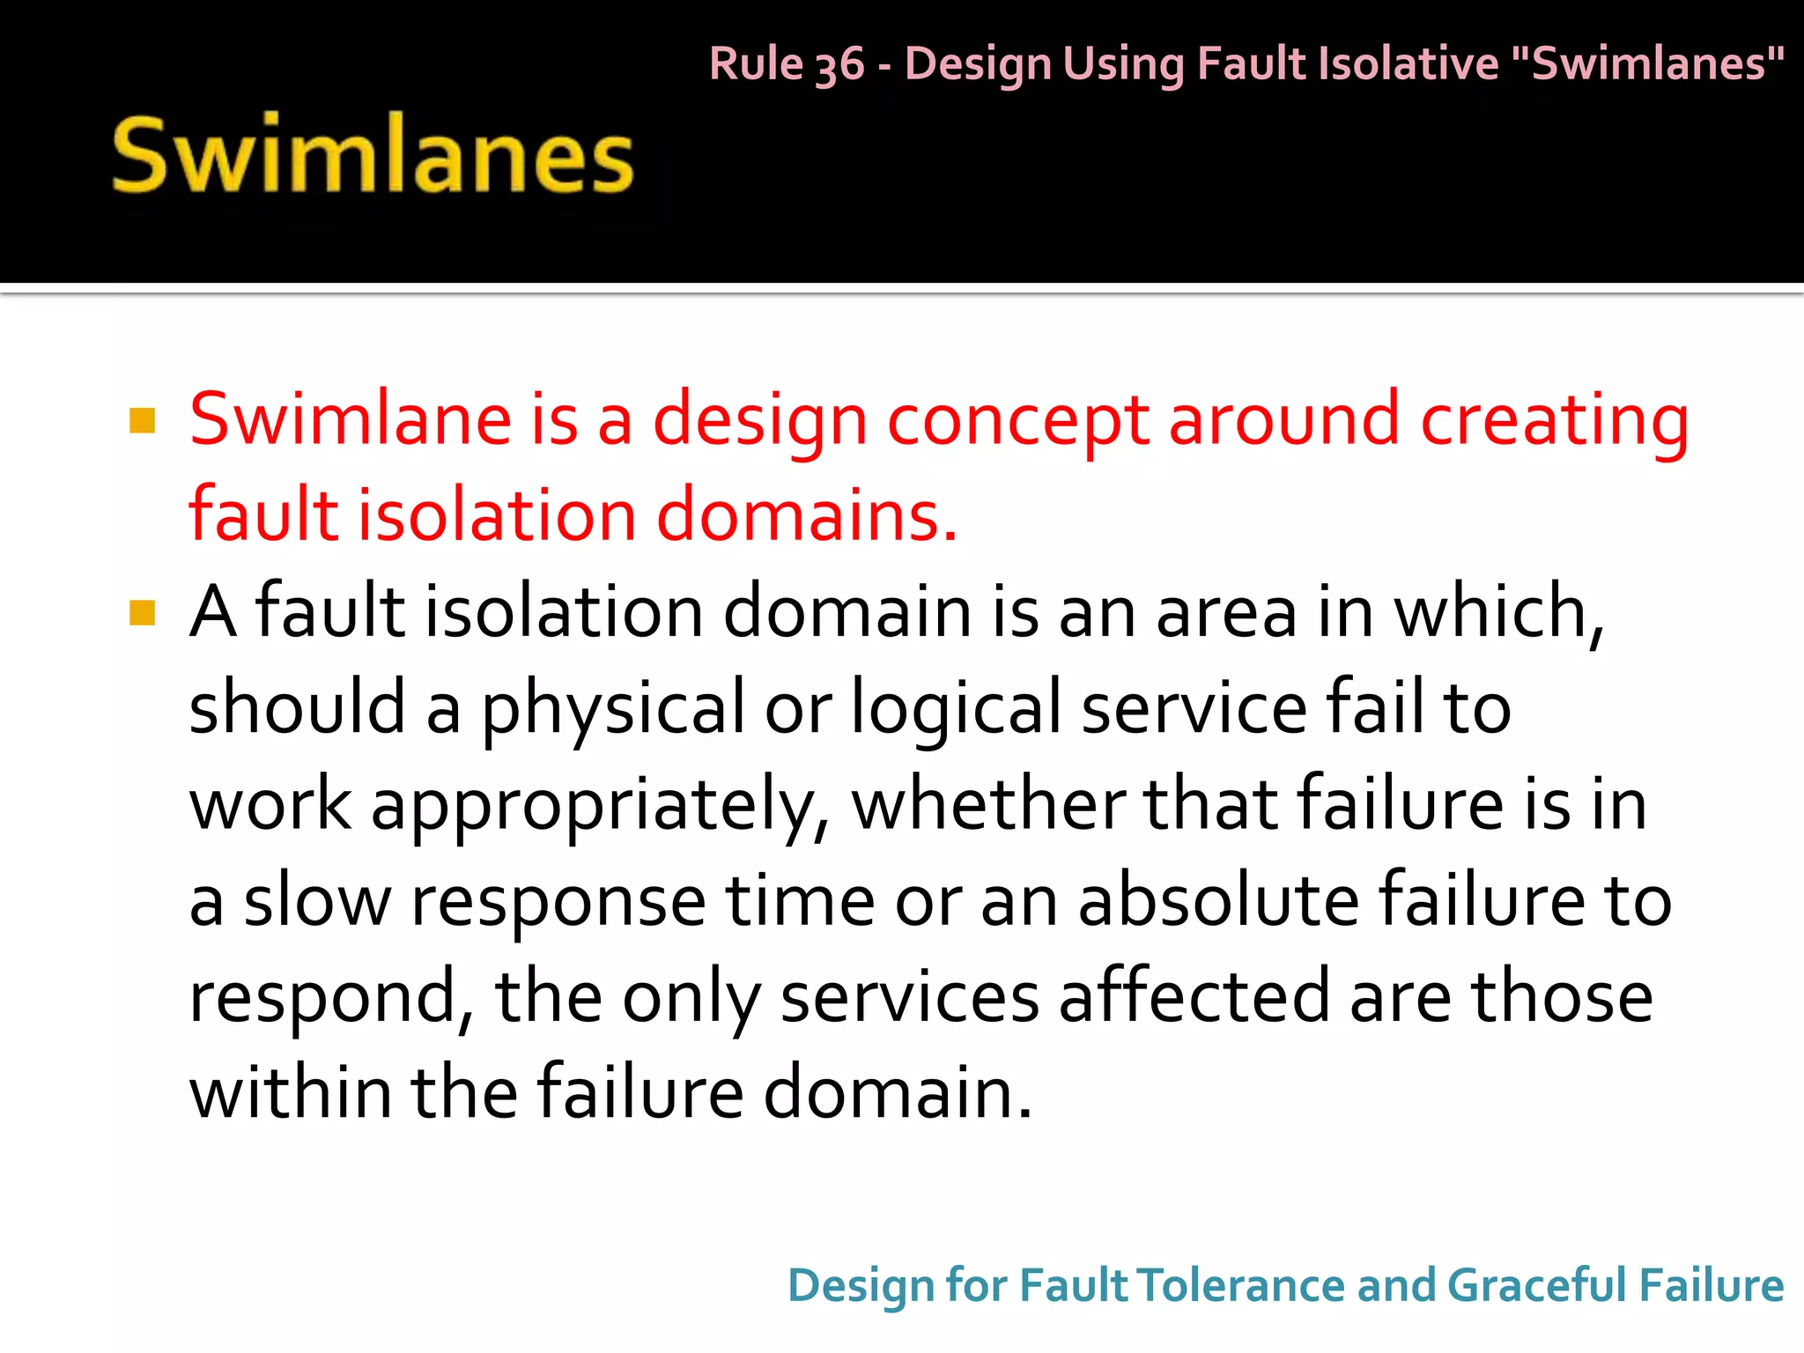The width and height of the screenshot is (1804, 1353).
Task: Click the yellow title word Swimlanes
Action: click(x=373, y=155)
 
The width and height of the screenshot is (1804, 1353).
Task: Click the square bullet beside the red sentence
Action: click(x=142, y=421)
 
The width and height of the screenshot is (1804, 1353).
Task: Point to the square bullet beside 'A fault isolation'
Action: click(x=142, y=612)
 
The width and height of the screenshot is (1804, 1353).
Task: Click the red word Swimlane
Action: click(x=351, y=419)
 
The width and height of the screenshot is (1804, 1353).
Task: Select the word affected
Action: click(x=1194, y=996)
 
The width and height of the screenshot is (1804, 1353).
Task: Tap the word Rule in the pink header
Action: click(x=757, y=63)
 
